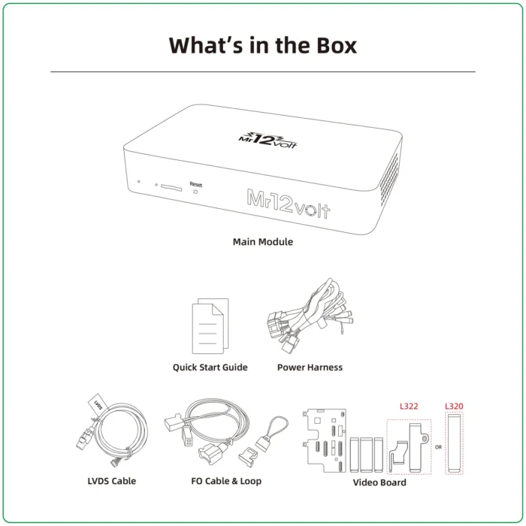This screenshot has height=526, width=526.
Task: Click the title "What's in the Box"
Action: [262, 44]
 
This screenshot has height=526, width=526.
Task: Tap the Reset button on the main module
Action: [196, 192]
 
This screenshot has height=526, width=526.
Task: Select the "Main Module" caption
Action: [262, 242]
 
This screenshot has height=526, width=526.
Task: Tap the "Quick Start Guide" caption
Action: [210, 367]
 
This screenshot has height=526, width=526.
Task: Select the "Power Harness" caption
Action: [310, 367]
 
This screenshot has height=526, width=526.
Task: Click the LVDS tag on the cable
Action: [95, 404]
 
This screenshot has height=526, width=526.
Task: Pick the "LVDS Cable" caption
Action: [111, 481]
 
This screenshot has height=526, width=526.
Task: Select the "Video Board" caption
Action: [379, 482]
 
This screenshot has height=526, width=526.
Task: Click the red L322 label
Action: [409, 407]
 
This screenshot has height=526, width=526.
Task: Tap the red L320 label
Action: [454, 407]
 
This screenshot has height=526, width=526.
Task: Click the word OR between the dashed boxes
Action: [437, 446]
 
